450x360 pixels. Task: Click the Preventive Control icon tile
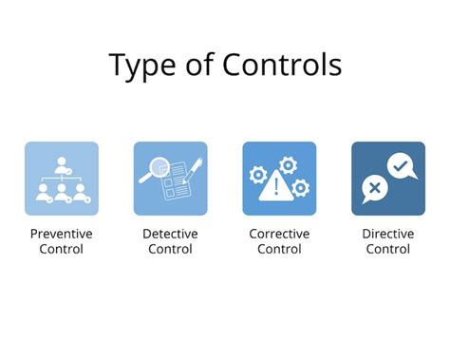(x=62, y=178)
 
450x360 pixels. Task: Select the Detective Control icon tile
(x=170, y=178)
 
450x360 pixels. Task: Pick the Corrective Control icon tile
(x=279, y=178)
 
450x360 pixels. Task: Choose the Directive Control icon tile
(x=387, y=178)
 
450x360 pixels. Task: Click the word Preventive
(x=62, y=233)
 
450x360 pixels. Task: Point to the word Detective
(x=170, y=233)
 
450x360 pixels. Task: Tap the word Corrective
(x=279, y=233)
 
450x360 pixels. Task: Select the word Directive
(x=387, y=233)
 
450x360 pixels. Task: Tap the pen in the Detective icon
(x=189, y=172)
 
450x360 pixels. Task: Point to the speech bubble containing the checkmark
(x=400, y=167)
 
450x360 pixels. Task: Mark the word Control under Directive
(x=387, y=249)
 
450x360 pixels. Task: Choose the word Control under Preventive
(x=62, y=249)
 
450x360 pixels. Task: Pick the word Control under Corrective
(x=279, y=249)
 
